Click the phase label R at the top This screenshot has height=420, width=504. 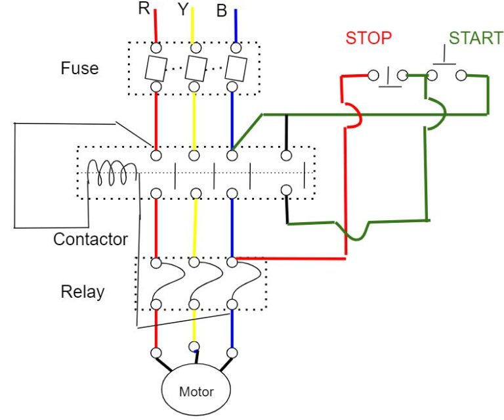coord(144,9)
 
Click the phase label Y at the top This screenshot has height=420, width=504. coord(183,9)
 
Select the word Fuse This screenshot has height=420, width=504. coord(79,68)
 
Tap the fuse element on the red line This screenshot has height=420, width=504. coord(156,67)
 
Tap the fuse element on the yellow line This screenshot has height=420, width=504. coord(194,67)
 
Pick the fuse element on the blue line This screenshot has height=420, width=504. coord(232,67)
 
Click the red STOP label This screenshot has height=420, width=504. coord(368,37)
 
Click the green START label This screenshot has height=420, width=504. coord(475,37)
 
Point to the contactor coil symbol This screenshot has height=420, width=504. coord(113,175)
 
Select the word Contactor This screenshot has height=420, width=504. coord(91,239)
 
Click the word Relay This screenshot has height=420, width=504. coord(83,291)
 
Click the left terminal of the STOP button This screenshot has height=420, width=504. coord(373,75)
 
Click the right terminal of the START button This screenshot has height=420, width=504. coord(461,75)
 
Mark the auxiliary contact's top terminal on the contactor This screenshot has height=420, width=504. coord(285,156)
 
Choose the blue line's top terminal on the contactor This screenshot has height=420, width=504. coord(232,156)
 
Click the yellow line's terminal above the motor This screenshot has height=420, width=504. coord(194,346)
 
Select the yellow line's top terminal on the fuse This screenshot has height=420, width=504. coord(194,48)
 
